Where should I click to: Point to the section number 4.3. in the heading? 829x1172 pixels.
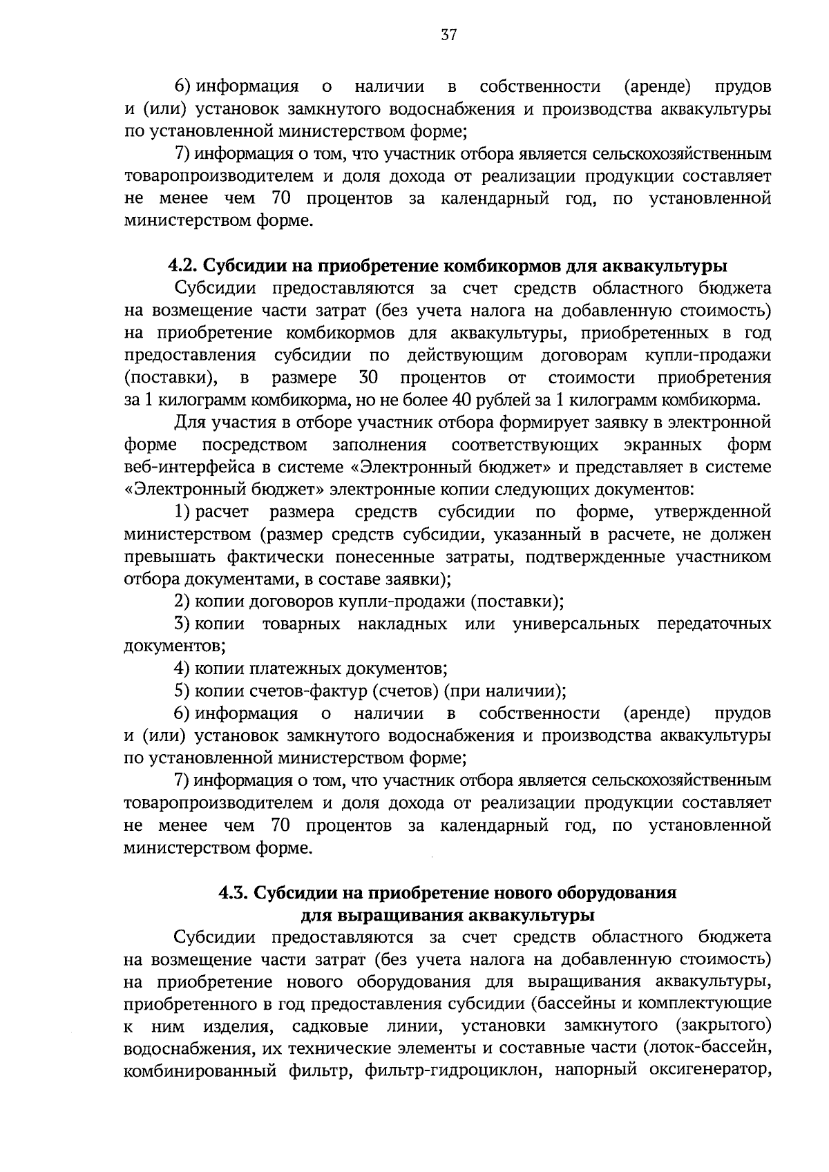tap(234, 892)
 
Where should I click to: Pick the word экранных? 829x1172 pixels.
tap(652, 444)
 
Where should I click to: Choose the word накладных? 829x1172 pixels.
tap(401, 624)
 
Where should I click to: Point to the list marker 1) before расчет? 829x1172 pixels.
tap(182, 512)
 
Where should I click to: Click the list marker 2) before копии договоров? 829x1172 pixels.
tap(182, 602)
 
